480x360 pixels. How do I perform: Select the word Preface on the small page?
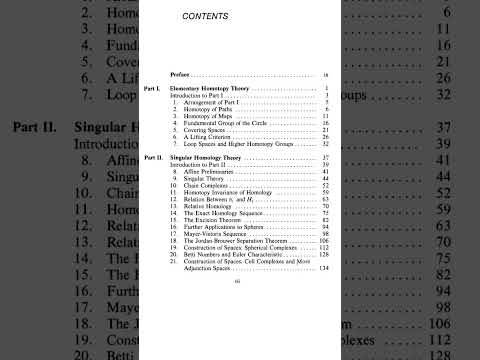180,73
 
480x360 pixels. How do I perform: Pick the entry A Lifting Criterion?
210,137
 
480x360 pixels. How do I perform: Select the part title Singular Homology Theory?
209,158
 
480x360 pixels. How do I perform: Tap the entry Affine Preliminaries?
213,171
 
